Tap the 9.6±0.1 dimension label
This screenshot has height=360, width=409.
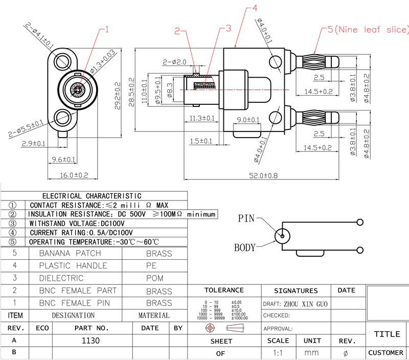click(63, 160)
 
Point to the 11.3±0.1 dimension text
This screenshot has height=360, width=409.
click(200, 118)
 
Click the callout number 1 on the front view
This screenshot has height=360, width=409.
click(107, 29)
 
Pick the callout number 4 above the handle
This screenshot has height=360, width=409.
click(255, 8)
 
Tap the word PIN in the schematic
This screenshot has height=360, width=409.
click(246, 218)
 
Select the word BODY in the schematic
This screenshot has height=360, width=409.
click(244, 247)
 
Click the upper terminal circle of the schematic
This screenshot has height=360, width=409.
click(361, 222)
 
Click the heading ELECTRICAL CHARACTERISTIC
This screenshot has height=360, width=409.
click(92, 195)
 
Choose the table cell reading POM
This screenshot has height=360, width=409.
click(155, 278)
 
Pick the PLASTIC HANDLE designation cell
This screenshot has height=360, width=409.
click(73, 265)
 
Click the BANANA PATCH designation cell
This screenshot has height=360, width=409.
click(71, 253)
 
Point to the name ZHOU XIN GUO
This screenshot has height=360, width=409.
click(305, 304)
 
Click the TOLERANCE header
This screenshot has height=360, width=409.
click(224, 290)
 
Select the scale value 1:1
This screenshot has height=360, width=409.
click(278, 353)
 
